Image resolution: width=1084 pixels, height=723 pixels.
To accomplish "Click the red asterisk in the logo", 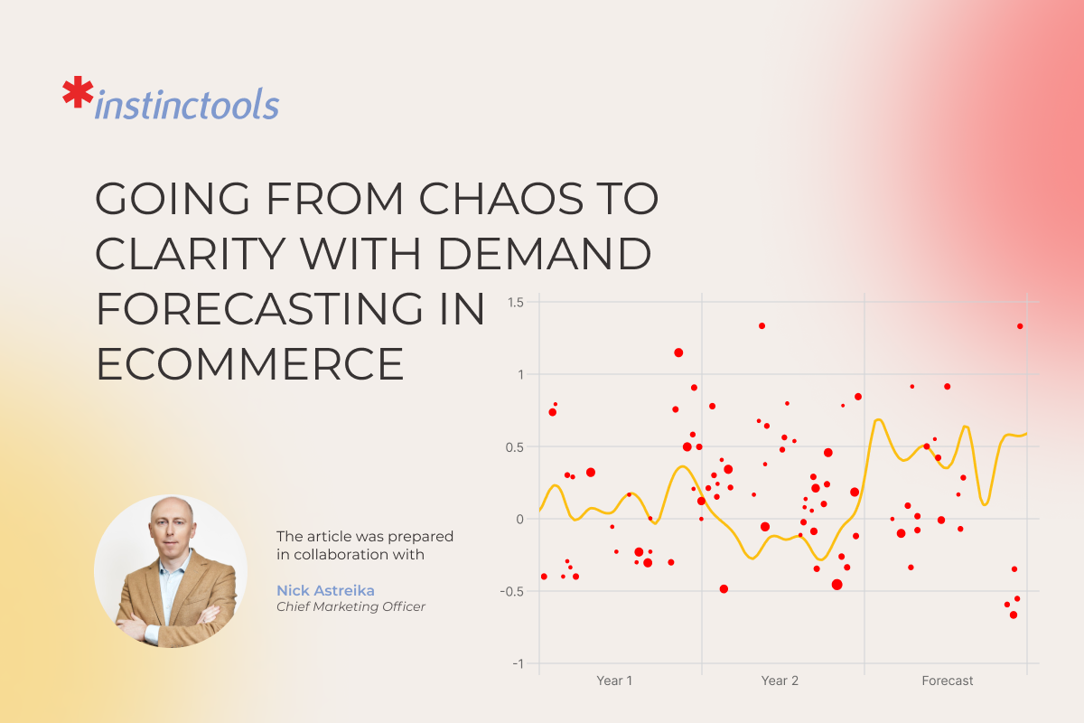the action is click(x=78, y=91).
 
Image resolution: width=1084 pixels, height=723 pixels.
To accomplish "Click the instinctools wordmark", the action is click(x=187, y=104).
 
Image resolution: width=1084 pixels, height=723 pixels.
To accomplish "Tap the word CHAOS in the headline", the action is click(x=500, y=198).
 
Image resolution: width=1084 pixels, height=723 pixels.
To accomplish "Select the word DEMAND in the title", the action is click(x=545, y=253).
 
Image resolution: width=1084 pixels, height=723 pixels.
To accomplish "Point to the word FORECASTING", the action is click(x=259, y=309).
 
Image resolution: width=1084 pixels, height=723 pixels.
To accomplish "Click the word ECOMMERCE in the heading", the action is click(x=249, y=364).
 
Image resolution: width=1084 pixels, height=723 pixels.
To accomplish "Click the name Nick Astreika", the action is click(x=325, y=590).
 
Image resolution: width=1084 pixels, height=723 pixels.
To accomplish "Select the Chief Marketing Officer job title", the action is click(x=350, y=606).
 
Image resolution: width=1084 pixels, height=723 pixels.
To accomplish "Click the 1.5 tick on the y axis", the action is click(x=516, y=303).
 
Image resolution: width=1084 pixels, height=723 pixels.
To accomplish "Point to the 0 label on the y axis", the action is click(x=519, y=519).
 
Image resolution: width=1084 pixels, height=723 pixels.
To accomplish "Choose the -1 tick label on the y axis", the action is click(x=518, y=663).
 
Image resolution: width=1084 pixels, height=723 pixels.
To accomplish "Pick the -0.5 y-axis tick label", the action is click(x=512, y=591).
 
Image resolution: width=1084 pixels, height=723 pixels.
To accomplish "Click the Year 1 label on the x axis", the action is click(x=614, y=681).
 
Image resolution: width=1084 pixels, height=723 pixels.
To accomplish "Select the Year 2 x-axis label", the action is click(x=780, y=681).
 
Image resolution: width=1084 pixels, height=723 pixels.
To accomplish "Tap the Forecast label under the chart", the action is click(x=947, y=681).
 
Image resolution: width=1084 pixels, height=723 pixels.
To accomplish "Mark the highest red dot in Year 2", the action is click(x=762, y=326).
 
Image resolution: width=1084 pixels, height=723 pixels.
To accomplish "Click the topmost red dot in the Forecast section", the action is click(x=1020, y=326).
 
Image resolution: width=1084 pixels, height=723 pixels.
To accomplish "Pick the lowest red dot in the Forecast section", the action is click(x=1014, y=615).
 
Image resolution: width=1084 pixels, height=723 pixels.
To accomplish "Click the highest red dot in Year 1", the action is click(x=678, y=352).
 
